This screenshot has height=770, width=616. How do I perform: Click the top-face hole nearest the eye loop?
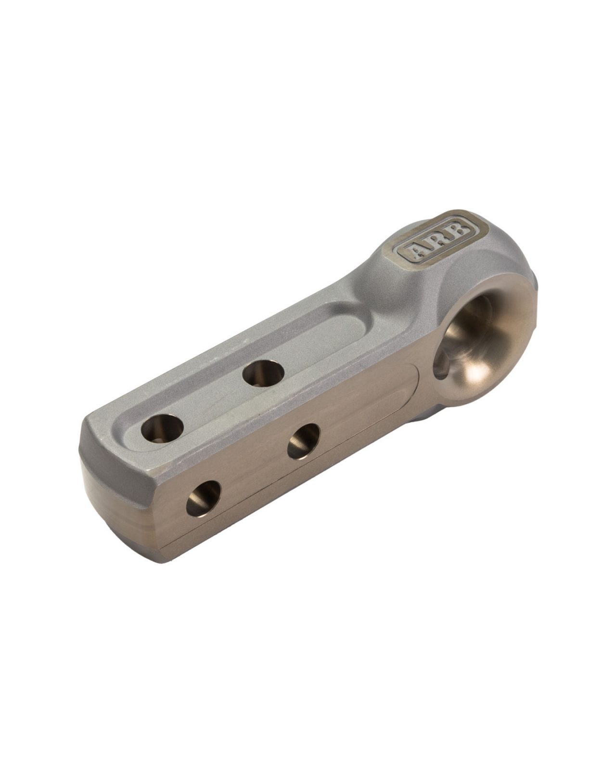263,373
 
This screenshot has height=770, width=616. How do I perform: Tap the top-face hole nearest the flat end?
162,427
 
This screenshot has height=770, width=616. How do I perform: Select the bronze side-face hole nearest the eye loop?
304,441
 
